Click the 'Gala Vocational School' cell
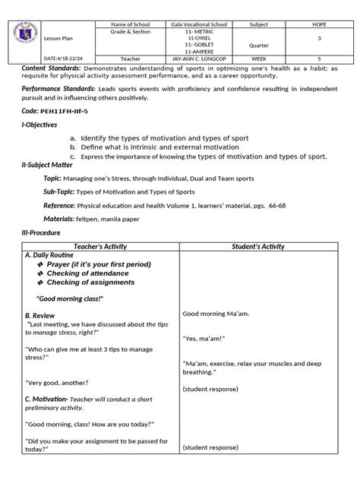pyautogui.click(x=199, y=26)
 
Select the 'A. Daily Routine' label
pyautogui.click(x=54, y=255)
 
